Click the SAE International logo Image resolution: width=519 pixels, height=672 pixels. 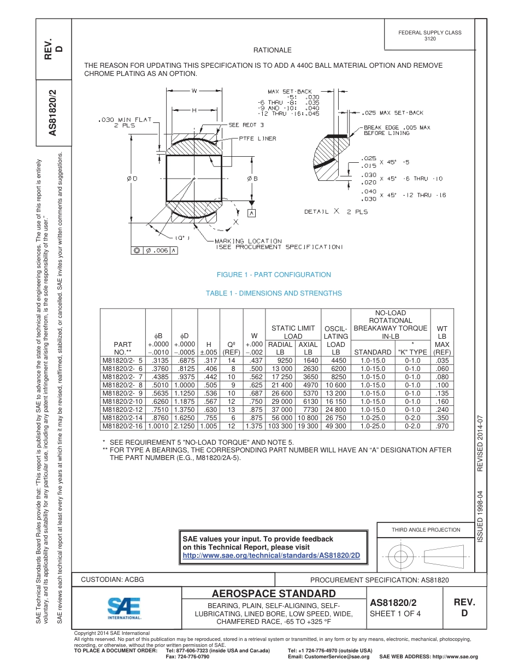124,608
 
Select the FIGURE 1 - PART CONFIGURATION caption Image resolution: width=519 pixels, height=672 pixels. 274,275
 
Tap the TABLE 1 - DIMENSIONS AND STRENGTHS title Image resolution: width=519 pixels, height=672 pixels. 274,293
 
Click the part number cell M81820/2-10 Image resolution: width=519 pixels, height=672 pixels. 122,401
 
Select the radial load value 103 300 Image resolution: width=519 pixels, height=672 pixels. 280,426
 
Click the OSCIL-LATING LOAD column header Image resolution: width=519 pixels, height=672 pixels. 335,340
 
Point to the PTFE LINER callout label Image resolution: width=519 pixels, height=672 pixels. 257,139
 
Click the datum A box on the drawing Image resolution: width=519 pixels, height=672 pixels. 252,213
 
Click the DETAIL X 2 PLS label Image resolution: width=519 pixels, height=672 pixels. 336,211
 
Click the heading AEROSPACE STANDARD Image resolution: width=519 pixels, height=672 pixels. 274,594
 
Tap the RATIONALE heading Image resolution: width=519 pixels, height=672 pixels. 273,50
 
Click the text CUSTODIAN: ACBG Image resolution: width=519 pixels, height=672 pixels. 113,579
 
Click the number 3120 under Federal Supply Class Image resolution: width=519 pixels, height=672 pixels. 430,39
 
